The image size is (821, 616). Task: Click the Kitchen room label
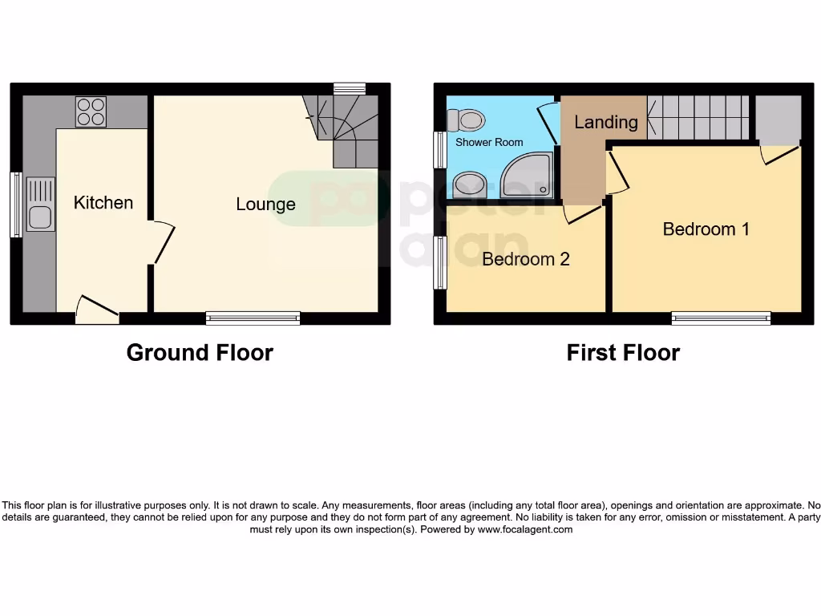click(103, 202)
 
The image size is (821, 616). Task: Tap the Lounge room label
click(265, 205)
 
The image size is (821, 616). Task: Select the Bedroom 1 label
click(706, 229)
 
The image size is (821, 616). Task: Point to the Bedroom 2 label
click(525, 259)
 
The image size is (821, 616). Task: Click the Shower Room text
click(489, 143)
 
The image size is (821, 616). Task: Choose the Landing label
click(606, 122)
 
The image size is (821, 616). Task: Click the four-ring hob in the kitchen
click(91, 111)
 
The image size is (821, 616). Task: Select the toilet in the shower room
click(467, 120)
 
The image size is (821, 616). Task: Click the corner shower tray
click(526, 177)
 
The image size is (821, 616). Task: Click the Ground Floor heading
click(200, 353)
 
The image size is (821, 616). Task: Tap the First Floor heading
click(623, 353)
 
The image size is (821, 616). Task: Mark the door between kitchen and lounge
click(161, 243)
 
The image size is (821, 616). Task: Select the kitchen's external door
click(97, 310)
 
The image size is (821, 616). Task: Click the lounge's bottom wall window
click(253, 318)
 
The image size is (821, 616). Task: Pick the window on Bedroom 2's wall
click(439, 262)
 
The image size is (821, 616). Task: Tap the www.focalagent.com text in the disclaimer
click(525, 529)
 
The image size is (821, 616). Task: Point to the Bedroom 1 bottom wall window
click(721, 318)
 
